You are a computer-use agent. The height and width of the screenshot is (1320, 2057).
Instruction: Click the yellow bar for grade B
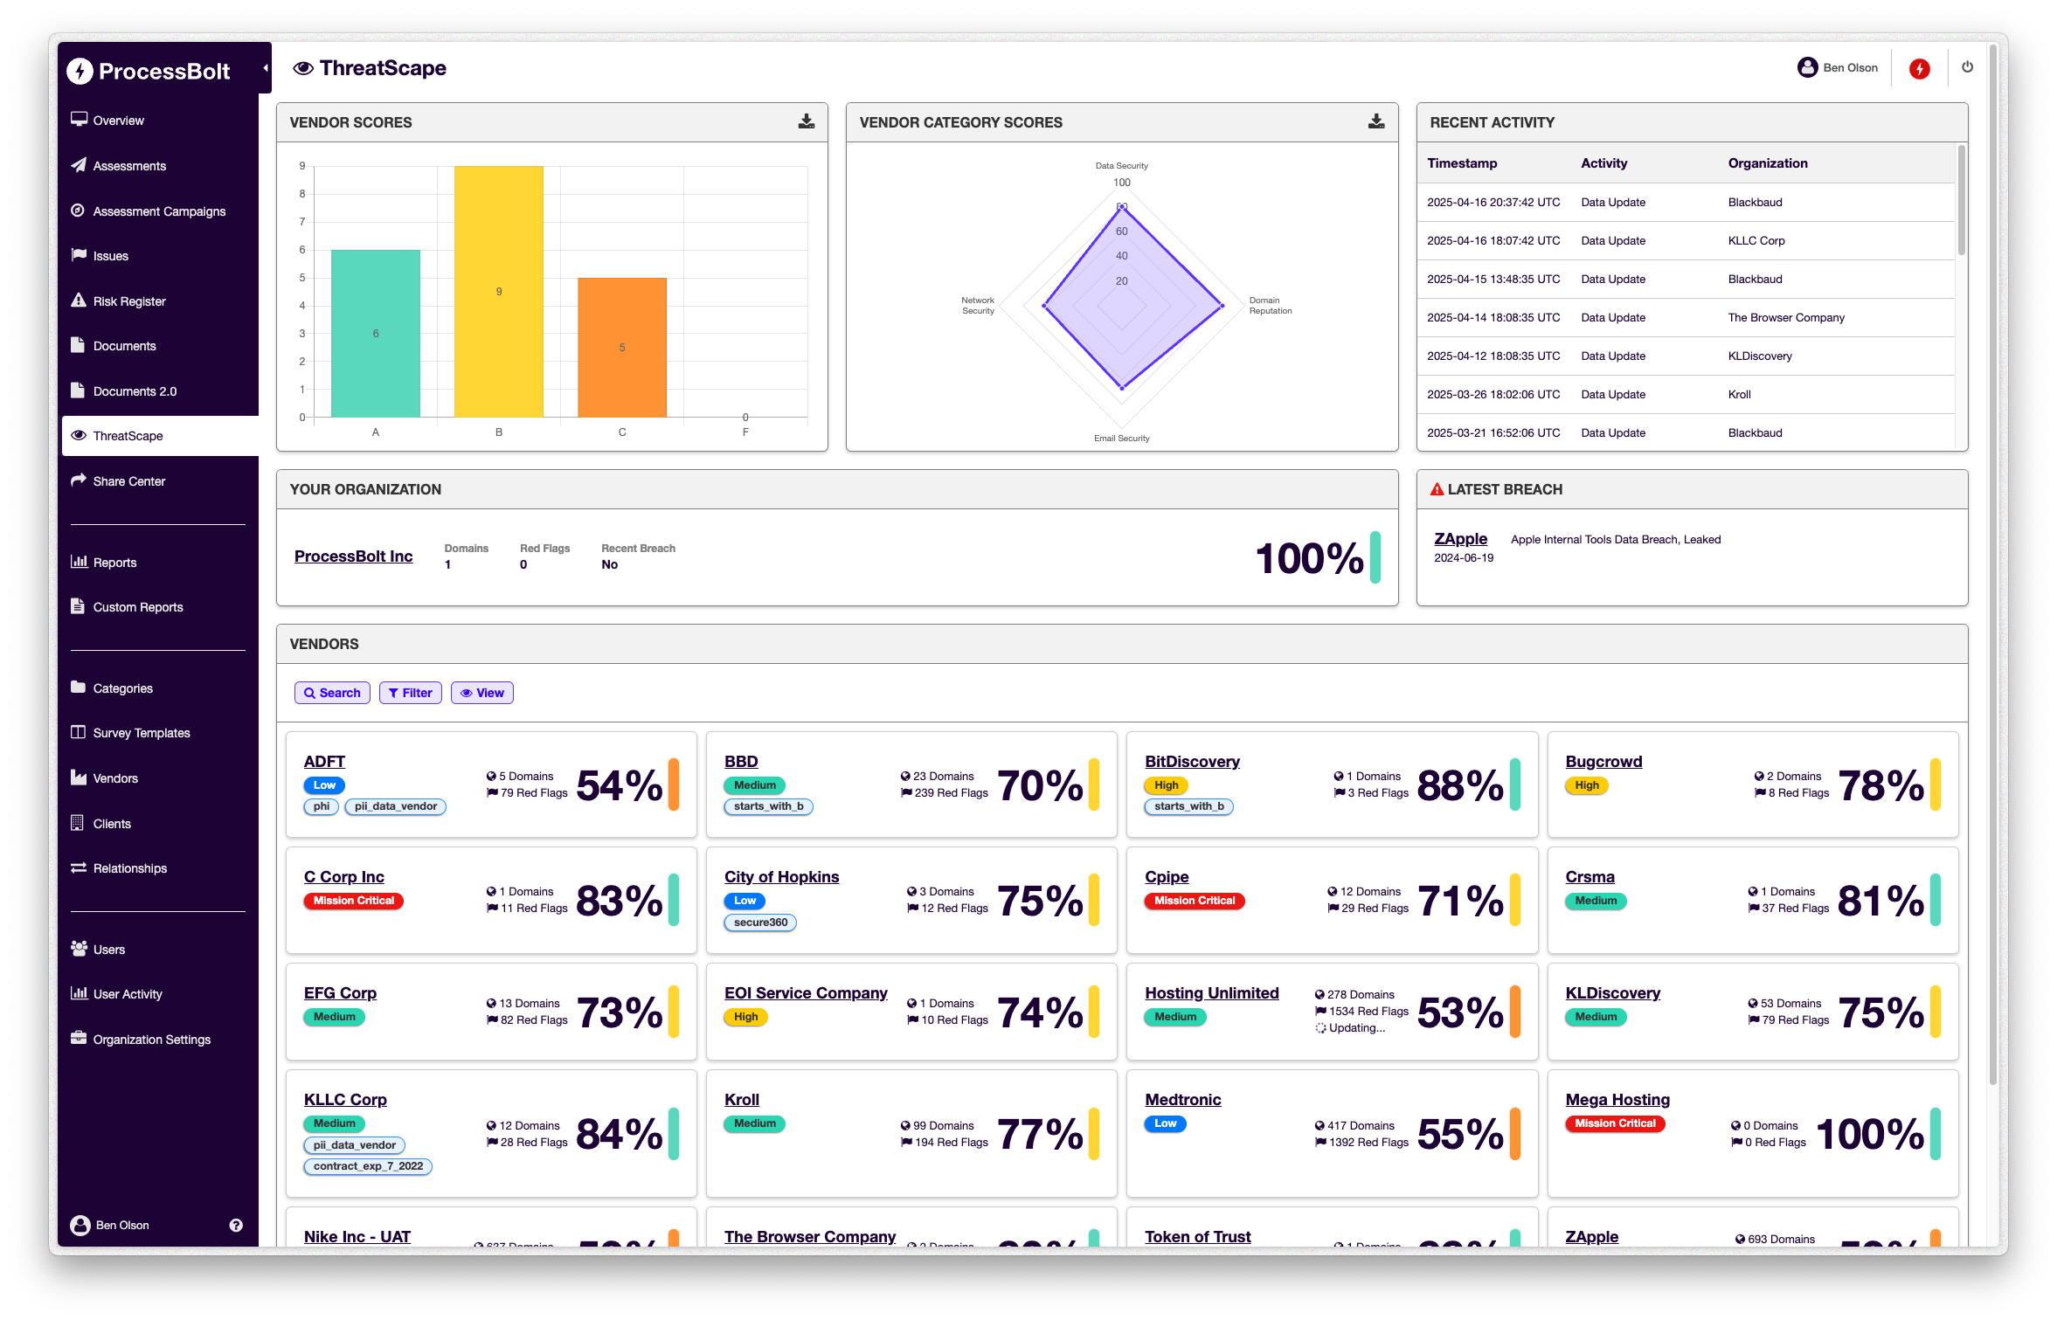[x=498, y=291]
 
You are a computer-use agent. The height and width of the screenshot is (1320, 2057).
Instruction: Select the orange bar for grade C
[x=621, y=347]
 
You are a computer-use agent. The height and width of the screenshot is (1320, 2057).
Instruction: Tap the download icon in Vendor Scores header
[x=806, y=121]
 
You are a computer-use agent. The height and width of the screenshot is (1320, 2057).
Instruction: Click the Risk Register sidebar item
[x=129, y=301]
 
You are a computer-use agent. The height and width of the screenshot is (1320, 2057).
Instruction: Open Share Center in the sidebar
[x=128, y=481]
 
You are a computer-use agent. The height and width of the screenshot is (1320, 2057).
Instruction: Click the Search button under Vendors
[x=332, y=693]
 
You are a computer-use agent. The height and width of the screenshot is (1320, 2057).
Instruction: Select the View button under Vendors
[x=482, y=693]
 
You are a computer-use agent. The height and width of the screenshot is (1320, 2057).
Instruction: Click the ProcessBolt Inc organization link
[x=353, y=556]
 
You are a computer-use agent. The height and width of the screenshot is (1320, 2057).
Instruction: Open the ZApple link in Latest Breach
[x=1460, y=539]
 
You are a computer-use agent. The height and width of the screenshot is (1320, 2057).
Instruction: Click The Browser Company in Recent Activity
[x=1786, y=318]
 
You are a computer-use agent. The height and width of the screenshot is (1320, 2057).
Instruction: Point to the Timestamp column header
[x=1462, y=163]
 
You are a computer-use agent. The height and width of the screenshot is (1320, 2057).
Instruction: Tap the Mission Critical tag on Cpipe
[x=1194, y=901]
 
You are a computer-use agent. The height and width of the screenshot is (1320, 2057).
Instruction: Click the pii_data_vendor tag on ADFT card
[x=395, y=806]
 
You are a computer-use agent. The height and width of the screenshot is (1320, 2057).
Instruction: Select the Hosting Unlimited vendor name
[x=1211, y=993]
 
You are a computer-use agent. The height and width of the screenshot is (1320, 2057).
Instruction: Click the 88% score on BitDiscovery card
[x=1459, y=785]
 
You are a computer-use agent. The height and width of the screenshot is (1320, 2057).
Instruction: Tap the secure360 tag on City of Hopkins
[x=760, y=923]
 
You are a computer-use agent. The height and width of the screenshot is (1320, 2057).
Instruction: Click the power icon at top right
[x=1967, y=67]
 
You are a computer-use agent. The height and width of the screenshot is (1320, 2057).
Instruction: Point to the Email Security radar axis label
[x=1121, y=439]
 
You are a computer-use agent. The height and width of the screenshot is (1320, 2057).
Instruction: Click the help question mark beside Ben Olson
[x=236, y=1226]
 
